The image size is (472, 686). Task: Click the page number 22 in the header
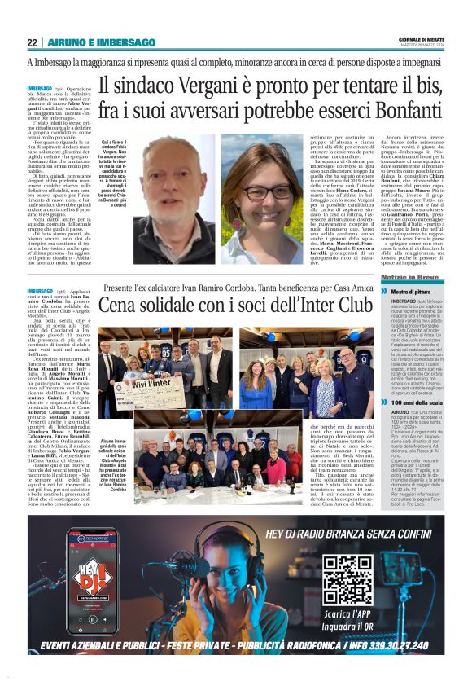pos(32,42)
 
